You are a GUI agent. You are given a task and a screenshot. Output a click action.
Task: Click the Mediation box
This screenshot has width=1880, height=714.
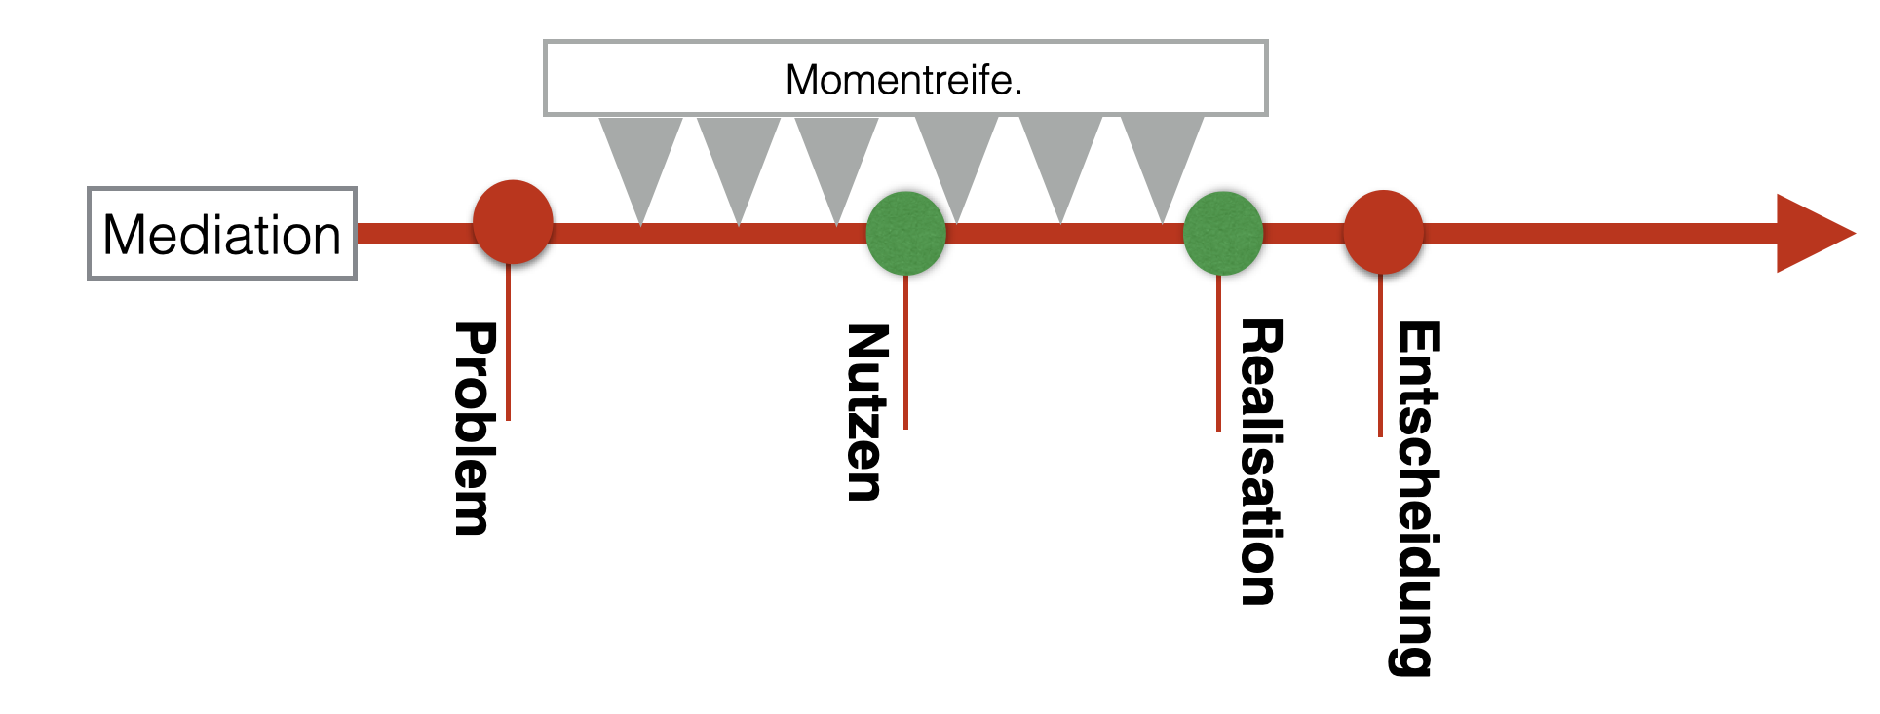[222, 234]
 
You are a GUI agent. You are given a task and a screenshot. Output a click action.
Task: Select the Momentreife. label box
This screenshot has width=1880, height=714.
[904, 79]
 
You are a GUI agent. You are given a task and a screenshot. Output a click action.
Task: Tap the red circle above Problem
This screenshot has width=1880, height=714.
[513, 222]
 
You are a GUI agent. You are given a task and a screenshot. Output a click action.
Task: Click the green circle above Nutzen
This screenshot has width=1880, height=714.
[906, 234]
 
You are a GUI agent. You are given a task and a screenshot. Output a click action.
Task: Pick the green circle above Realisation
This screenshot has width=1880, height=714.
[1223, 234]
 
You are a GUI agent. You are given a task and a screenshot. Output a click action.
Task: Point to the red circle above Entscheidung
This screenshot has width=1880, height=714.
[1383, 232]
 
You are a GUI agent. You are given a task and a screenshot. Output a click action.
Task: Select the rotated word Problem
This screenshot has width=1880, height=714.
[476, 429]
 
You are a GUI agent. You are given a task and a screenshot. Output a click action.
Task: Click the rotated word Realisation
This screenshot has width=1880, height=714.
[1261, 462]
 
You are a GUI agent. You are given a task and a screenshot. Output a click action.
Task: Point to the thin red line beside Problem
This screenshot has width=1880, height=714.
[509, 351]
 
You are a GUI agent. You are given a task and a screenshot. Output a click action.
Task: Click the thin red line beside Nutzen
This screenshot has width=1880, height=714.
[906, 356]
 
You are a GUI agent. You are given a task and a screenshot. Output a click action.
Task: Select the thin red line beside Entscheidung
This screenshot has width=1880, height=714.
[1380, 360]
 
